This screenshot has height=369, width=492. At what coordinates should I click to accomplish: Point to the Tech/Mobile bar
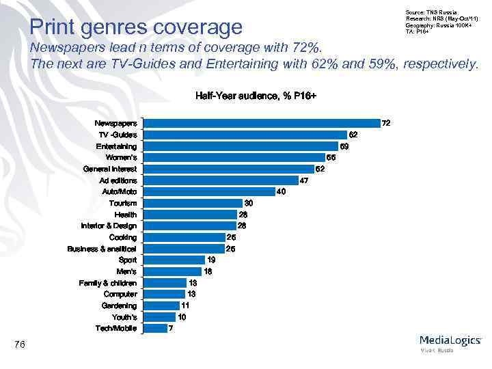[154, 328]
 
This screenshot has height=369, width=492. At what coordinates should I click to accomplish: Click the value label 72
[386, 123]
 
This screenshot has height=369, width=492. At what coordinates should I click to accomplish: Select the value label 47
[305, 180]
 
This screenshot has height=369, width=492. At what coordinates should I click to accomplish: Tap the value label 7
[171, 328]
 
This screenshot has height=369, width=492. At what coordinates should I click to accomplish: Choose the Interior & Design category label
[109, 225]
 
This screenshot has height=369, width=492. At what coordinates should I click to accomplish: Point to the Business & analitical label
[102, 249]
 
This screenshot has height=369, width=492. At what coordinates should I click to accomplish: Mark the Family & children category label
[107, 283]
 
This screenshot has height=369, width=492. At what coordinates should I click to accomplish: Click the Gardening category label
[119, 305]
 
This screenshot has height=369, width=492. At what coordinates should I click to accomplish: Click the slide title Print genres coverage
[137, 27]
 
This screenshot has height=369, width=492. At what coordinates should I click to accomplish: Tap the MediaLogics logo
[450, 341]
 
